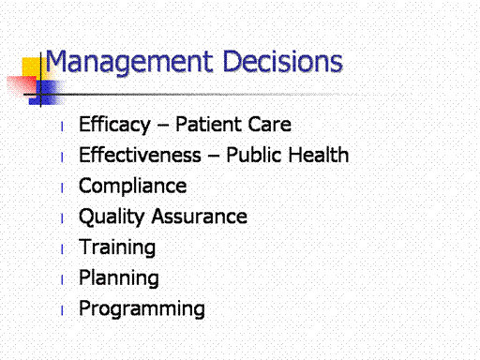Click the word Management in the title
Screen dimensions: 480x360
point(129,63)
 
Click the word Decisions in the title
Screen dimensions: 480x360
point(283,61)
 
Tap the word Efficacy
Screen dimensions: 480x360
point(114,125)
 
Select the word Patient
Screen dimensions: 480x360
point(208,125)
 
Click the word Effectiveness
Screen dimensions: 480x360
point(140,155)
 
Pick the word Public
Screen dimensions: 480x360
point(253,155)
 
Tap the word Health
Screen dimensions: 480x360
point(318,155)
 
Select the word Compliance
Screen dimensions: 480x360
point(133,187)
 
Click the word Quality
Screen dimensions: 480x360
point(112,217)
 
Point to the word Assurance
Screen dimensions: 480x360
point(200,217)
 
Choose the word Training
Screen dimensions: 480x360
point(117,247)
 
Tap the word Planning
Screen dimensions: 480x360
point(119,278)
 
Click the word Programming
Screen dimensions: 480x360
point(142,309)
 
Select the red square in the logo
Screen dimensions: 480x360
point(22,85)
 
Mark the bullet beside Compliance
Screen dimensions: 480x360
point(62,187)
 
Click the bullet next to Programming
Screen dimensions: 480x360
point(62,310)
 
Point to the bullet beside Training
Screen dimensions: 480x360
point(62,249)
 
